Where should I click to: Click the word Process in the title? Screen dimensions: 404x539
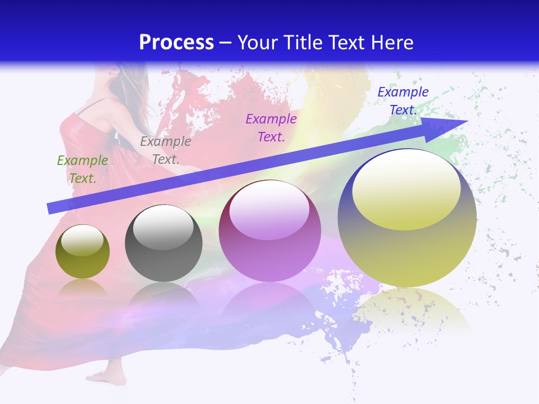click(x=176, y=43)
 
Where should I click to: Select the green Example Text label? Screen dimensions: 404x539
click(x=83, y=169)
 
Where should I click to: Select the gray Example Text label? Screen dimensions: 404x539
click(x=166, y=150)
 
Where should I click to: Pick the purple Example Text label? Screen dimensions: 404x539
click(x=271, y=127)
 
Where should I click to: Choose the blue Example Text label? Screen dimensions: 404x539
click(x=403, y=101)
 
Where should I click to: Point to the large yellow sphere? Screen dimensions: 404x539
click(x=407, y=247)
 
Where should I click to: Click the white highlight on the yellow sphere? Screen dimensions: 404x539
click(x=406, y=188)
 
